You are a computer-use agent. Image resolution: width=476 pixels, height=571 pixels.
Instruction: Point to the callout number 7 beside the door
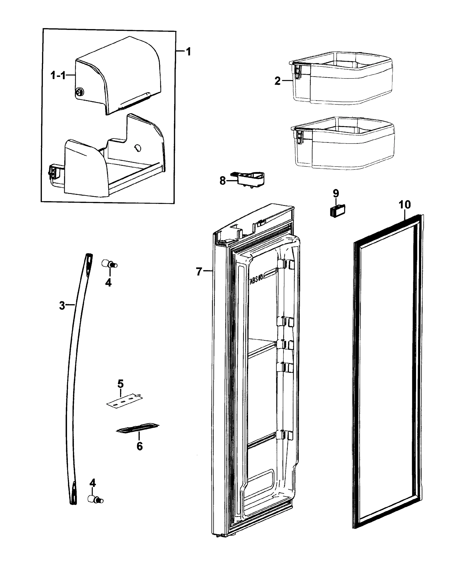(x=199, y=272)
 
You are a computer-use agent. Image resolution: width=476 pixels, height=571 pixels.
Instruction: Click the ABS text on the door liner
(x=256, y=281)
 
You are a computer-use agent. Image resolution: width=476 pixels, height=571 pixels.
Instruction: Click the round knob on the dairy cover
(x=80, y=93)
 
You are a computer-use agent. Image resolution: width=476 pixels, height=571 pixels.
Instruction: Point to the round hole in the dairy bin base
(x=138, y=148)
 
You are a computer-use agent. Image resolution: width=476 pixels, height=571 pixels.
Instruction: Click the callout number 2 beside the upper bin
(x=277, y=81)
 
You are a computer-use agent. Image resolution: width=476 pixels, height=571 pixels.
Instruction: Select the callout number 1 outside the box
(x=188, y=51)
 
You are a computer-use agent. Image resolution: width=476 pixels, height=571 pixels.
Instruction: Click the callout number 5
(x=120, y=384)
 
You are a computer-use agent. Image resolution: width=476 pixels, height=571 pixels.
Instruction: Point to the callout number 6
(x=139, y=446)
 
